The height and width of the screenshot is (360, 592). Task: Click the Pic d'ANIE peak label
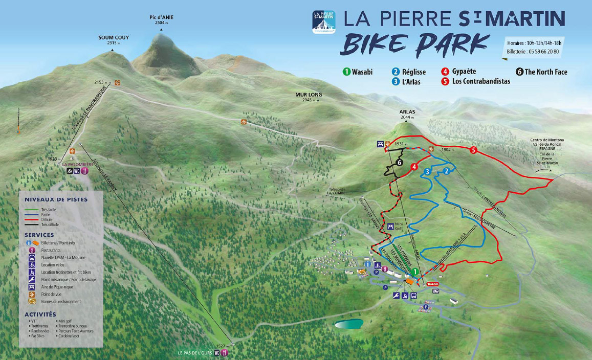pos(161,17)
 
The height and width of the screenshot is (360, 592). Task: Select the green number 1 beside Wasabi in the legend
pos(346,72)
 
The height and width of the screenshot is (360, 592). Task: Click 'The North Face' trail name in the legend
pos(545,72)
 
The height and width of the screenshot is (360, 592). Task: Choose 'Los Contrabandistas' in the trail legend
pos(481,81)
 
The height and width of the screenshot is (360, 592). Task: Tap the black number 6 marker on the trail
pos(400,162)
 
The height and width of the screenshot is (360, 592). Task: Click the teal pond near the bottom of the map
pos(349,324)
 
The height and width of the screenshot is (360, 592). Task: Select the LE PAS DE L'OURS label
pos(194,353)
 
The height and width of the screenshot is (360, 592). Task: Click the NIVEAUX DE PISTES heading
pos(56,199)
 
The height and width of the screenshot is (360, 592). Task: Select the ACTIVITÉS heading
pos(40,314)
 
